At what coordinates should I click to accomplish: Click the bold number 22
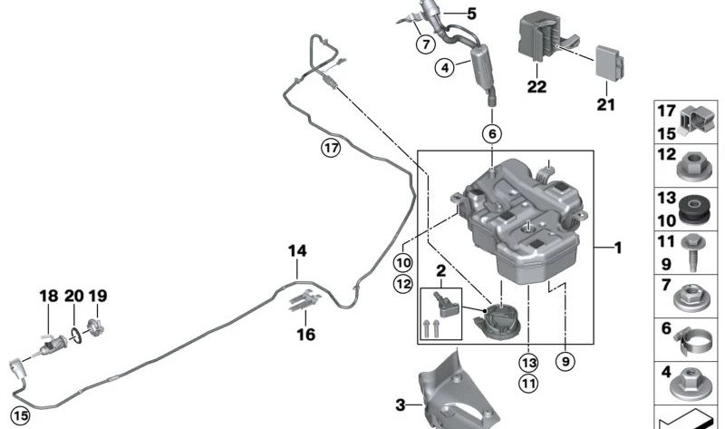536,86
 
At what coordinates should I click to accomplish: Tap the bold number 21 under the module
605,104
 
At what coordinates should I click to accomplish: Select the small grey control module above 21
609,63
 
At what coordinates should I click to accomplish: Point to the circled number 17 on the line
331,149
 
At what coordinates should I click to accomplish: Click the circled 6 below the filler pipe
492,133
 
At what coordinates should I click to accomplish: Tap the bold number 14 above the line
297,251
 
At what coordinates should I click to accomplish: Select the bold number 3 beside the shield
401,405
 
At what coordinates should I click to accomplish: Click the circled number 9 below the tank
565,361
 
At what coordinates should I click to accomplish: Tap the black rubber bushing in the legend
693,210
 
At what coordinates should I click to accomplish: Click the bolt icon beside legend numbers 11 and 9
692,252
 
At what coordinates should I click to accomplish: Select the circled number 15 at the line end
20,415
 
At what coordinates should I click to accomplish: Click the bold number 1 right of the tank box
618,248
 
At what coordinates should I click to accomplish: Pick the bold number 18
49,296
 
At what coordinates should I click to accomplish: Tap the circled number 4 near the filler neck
445,68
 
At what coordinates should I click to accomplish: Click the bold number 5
471,14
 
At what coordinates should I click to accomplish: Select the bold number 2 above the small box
440,270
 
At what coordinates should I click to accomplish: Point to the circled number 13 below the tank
528,363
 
